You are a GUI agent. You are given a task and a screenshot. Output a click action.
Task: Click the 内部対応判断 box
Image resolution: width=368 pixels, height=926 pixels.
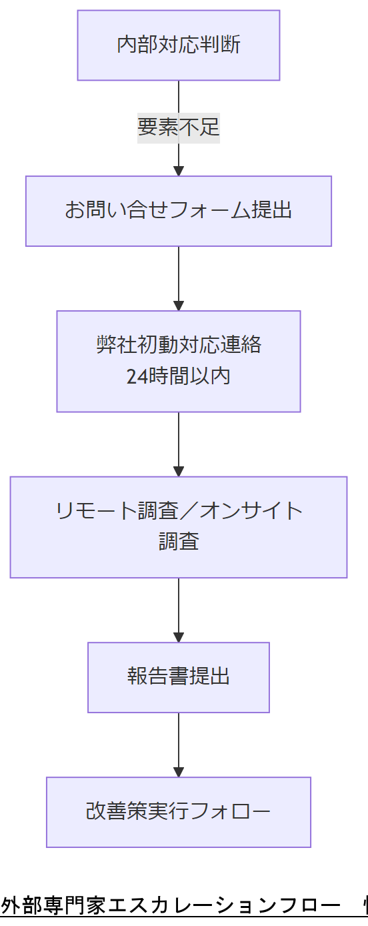(x=178, y=45)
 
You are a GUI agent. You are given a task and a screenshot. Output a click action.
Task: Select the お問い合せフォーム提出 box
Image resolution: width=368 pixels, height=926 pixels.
(x=178, y=211)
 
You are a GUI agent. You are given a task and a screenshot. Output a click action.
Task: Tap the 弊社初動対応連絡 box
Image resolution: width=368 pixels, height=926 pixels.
(x=178, y=361)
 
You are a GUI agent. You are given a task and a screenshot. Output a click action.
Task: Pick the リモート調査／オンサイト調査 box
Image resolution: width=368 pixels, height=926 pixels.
(x=178, y=526)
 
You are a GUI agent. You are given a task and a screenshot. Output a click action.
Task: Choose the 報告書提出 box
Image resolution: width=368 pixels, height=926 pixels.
(x=178, y=677)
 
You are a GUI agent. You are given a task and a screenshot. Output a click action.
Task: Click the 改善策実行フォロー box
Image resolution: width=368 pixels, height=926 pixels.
(x=178, y=812)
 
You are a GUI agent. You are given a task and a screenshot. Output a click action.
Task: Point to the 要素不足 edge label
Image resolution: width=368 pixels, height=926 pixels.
(x=178, y=127)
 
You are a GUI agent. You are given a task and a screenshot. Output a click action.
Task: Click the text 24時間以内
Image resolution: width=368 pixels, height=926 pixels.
(x=178, y=376)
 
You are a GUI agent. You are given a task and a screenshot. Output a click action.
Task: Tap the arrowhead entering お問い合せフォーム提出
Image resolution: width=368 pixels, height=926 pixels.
(x=178, y=171)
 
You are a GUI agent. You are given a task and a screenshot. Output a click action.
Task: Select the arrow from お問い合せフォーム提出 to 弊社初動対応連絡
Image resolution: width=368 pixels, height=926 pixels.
(x=178, y=278)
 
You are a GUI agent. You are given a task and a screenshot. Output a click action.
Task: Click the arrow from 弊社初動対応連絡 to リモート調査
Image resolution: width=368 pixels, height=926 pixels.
(x=178, y=444)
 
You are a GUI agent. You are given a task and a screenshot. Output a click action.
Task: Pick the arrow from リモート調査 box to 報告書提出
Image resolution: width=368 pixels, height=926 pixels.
(x=178, y=610)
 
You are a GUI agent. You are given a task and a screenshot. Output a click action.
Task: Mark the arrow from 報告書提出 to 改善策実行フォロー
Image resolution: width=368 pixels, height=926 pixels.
(x=178, y=745)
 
